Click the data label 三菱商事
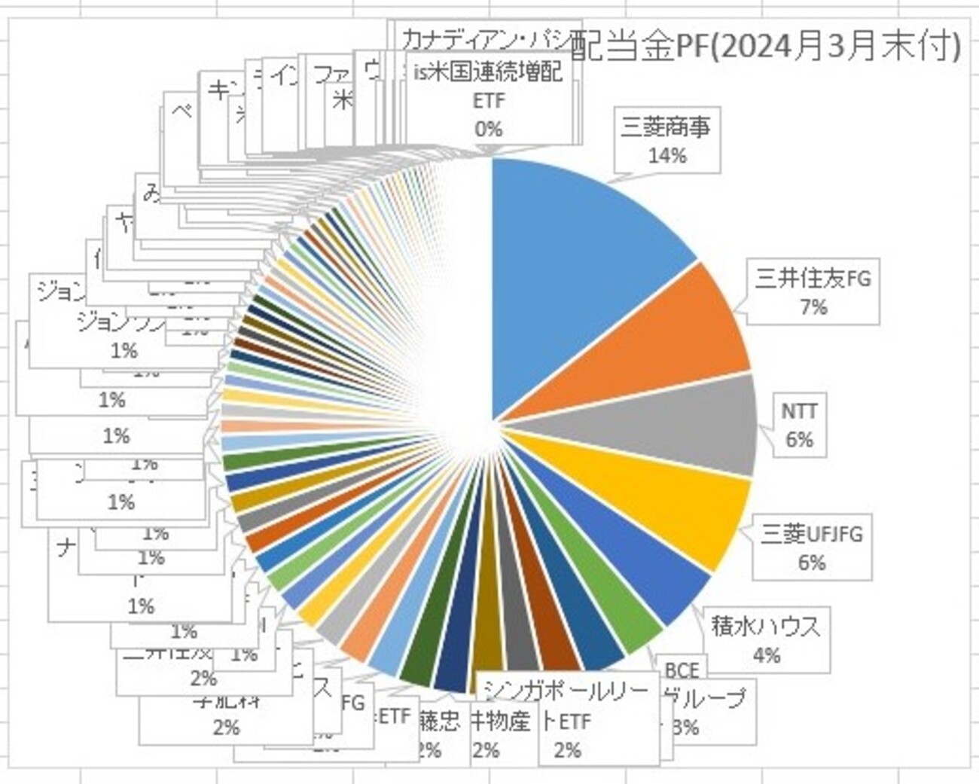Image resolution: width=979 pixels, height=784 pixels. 666,127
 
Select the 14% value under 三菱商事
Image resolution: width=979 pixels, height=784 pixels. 666,156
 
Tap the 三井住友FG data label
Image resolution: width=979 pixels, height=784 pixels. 813,279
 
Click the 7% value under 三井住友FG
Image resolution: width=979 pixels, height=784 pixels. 813,307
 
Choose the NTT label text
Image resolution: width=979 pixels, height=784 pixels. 799,411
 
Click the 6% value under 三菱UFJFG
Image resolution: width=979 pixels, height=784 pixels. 811,563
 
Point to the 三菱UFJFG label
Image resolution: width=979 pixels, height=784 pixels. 811,535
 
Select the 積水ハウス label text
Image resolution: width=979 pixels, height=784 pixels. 765,626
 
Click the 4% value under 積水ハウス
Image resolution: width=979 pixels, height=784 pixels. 766,655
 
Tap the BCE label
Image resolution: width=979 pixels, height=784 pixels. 682,670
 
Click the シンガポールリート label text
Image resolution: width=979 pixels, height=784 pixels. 565,691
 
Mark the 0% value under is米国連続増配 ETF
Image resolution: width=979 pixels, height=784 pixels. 488,129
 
